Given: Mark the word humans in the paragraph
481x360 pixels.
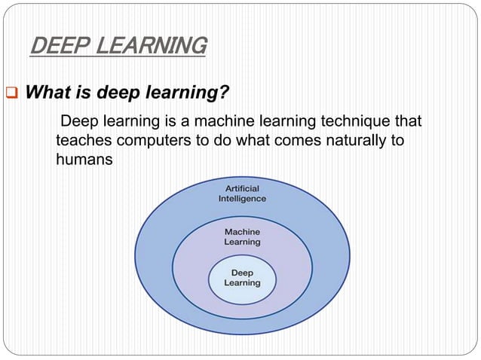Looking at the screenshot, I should pyautogui.click(x=84, y=160).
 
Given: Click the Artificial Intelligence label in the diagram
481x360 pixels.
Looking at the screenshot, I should pyautogui.click(x=242, y=193).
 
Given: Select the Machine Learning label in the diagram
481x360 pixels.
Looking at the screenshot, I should pyautogui.click(x=242, y=237).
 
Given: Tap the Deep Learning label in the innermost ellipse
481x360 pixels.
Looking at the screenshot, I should pyautogui.click(x=242, y=278).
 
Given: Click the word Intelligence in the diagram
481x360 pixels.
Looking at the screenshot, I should pyautogui.click(x=242, y=199).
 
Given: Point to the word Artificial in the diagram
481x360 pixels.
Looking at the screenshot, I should pyautogui.click(x=242, y=188).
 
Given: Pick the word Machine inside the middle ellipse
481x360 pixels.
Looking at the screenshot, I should pyautogui.click(x=242, y=232).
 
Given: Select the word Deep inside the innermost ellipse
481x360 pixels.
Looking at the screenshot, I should pyautogui.click(x=242, y=273).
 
